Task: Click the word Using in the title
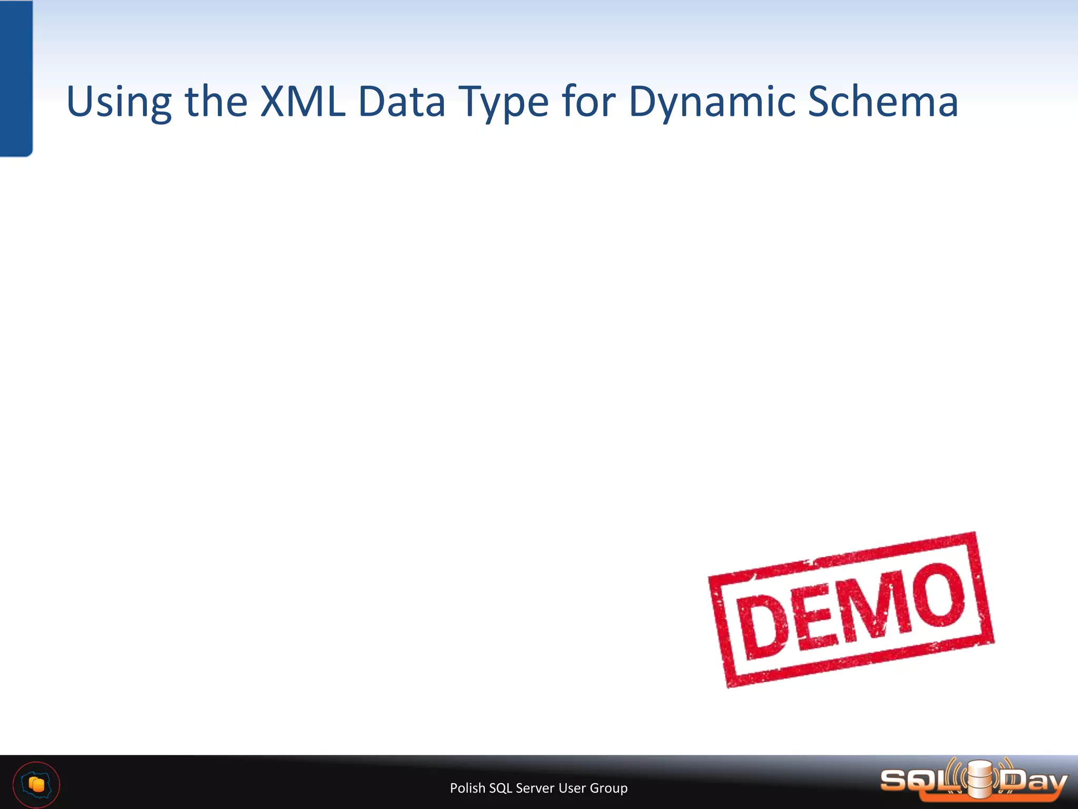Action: pos(119,103)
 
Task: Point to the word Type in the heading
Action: pos(504,103)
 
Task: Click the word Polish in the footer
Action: pos(467,788)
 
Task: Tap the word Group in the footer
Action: pos(608,788)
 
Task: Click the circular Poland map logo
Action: pos(36,785)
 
